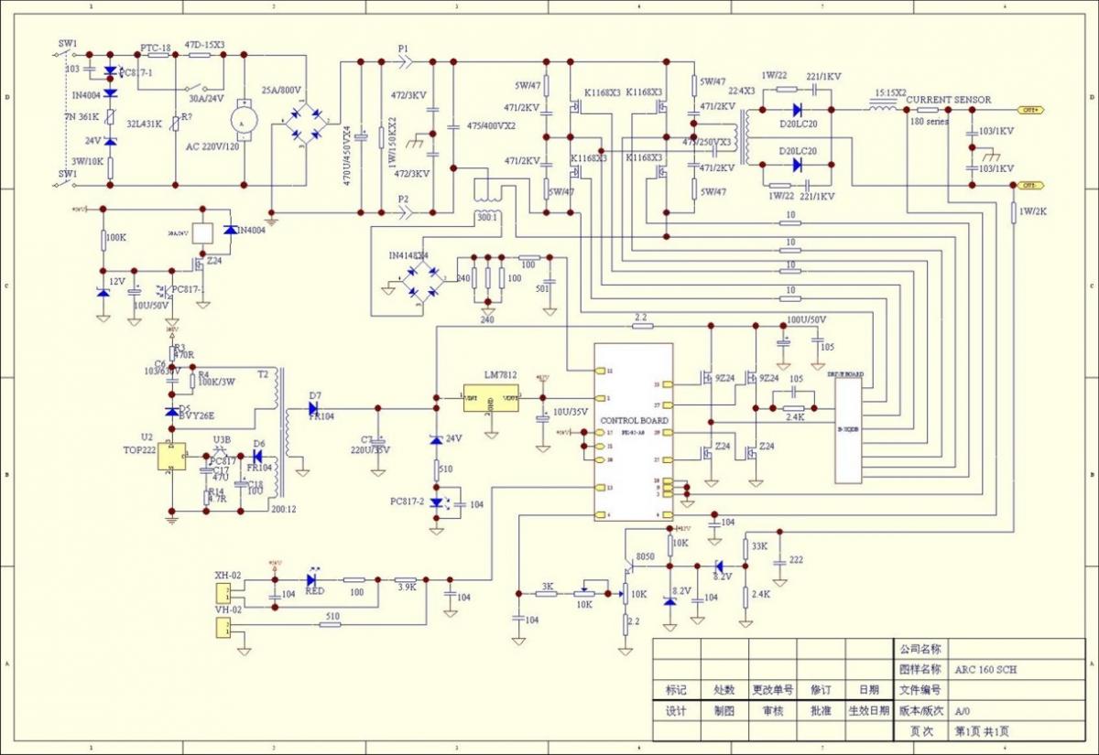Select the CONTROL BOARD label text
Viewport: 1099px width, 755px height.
[634, 420]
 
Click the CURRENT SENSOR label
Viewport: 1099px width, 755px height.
[948, 100]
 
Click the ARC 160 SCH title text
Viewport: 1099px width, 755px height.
[985, 670]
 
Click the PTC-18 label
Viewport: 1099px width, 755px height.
[156, 48]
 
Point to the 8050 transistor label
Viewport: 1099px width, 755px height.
[645, 556]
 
